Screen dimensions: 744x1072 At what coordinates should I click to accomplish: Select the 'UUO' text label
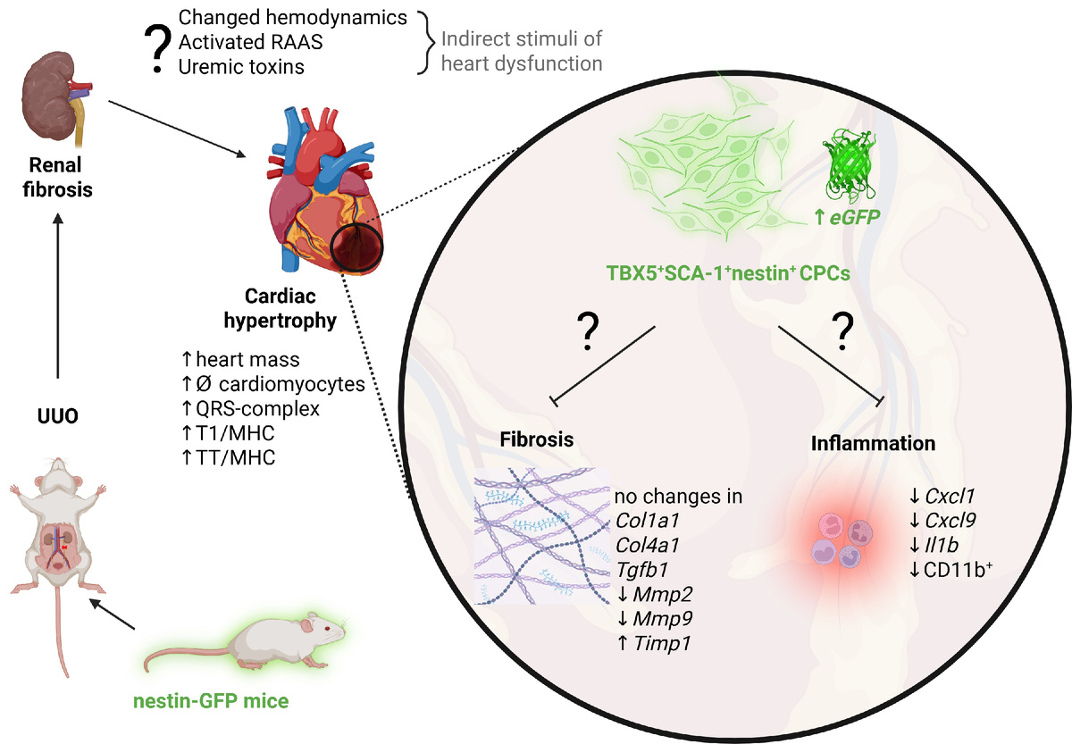pos(58,441)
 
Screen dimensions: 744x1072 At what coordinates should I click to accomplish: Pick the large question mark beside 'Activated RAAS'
pos(156,46)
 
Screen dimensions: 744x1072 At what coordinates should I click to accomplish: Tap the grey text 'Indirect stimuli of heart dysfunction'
pos(522,51)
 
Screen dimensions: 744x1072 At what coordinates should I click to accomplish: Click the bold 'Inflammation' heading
pos(873,443)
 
